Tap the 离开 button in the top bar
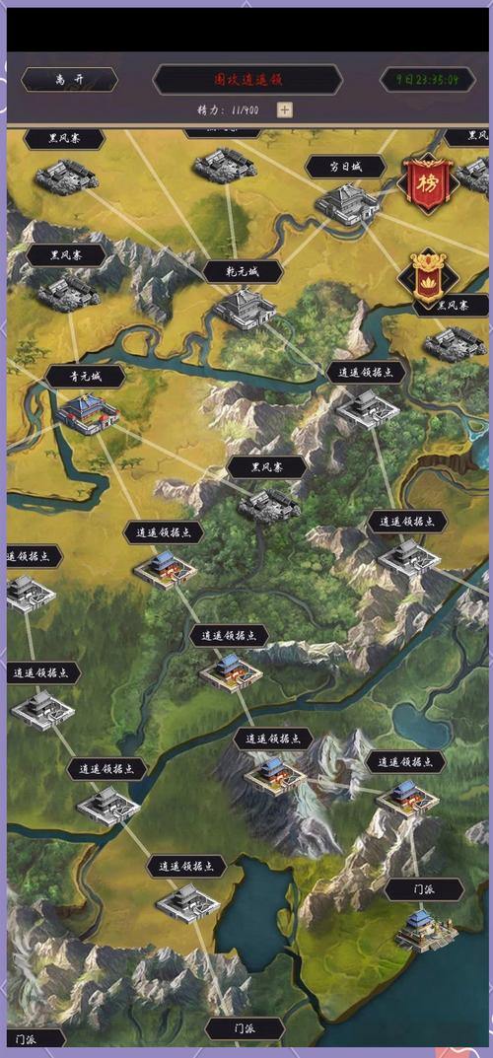pyautogui.click(x=69, y=80)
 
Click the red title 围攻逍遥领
pyautogui.click(x=247, y=80)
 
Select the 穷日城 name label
pyautogui.click(x=344, y=167)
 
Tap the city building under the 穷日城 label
pyautogui.click(x=346, y=204)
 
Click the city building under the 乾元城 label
pyautogui.click(x=244, y=308)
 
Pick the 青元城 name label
pyautogui.click(x=85, y=376)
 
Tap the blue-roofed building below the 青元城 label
pyautogui.click(x=87, y=413)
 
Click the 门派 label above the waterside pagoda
pyautogui.click(x=424, y=889)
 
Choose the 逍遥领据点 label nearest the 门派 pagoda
pyautogui.click(x=405, y=761)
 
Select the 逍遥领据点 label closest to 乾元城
pyautogui.click(x=366, y=372)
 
